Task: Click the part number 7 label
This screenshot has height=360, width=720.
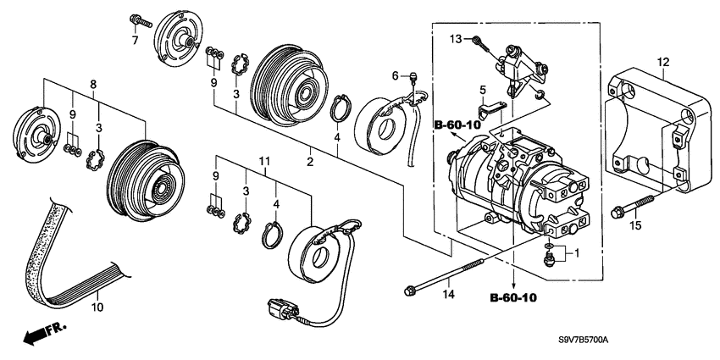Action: point(135,41)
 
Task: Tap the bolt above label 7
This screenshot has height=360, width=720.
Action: point(141,20)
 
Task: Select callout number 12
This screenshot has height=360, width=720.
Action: point(663,62)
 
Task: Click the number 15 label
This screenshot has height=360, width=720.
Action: point(634,225)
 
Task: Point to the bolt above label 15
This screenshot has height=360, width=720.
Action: point(632,206)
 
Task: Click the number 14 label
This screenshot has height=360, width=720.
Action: point(448,294)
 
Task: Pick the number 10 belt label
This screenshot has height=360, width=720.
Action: point(97,307)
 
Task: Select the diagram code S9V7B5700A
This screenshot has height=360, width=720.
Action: point(583,341)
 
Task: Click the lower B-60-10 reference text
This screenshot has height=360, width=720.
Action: point(513,298)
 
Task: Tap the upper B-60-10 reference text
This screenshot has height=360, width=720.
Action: point(457,125)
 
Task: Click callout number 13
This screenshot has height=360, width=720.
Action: point(456,39)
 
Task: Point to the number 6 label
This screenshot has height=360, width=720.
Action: point(395,75)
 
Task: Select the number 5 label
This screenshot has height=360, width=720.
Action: point(482,90)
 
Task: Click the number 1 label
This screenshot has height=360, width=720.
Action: point(577,252)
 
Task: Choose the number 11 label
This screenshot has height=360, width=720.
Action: point(264,161)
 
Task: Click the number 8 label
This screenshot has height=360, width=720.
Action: point(93,84)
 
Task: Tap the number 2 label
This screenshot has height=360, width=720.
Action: point(310,162)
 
